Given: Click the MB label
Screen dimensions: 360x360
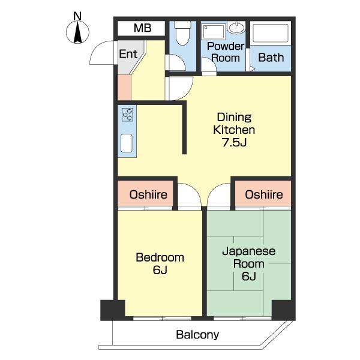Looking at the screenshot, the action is (142, 28).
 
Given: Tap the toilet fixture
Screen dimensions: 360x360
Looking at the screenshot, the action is (182, 33).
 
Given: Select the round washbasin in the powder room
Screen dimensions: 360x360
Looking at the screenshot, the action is (236, 28).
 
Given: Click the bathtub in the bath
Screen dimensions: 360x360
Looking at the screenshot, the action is (270, 33).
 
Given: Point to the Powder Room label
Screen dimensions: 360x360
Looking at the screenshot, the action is (226, 52).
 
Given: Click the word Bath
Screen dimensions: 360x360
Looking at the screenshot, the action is (271, 58).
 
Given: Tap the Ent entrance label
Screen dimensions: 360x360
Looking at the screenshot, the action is (128, 54).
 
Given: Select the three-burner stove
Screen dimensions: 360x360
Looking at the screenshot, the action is (127, 115).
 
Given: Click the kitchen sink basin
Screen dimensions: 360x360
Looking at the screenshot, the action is (127, 143).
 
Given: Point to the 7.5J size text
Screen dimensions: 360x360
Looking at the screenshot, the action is (234, 142).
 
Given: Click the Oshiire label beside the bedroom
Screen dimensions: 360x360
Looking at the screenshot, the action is (148, 194).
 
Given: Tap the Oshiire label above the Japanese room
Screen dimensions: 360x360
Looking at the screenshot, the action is (264, 194).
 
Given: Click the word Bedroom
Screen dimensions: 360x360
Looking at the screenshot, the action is (160, 257).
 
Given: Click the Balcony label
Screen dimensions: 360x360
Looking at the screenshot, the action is (197, 335).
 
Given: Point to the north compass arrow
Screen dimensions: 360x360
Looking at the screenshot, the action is (78, 32).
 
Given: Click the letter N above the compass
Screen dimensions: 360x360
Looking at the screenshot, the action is (77, 16).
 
